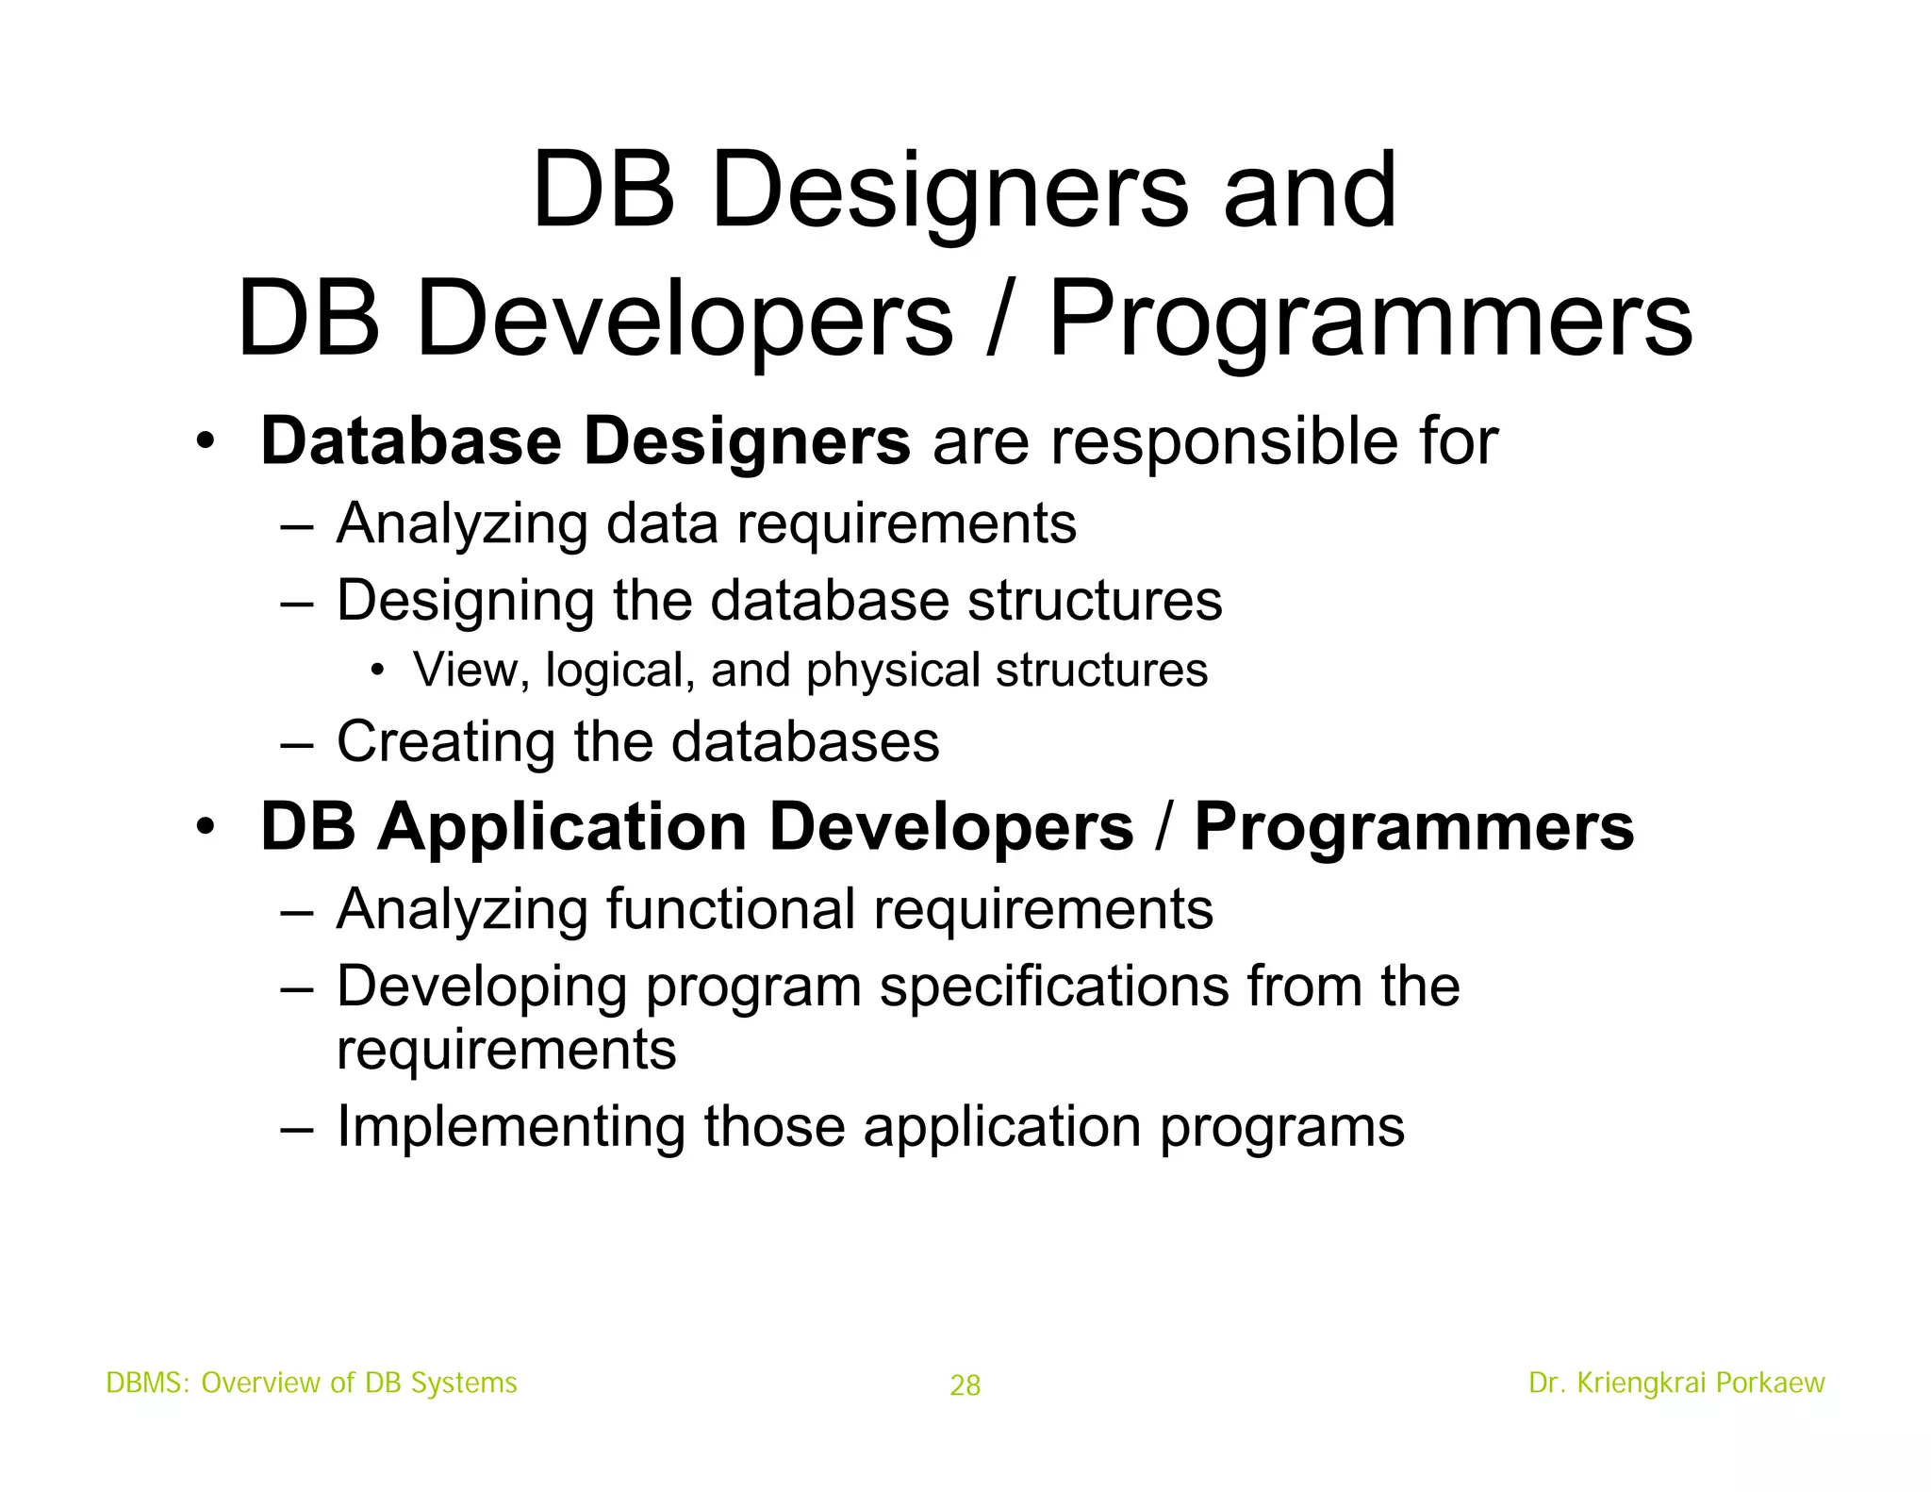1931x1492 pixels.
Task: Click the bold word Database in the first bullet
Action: [x=410, y=441]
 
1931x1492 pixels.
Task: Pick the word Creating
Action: [x=446, y=741]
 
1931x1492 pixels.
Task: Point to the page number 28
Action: [x=965, y=1385]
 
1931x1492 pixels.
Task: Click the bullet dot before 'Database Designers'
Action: [x=206, y=442]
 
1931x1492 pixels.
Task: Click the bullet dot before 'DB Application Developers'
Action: [x=206, y=828]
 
